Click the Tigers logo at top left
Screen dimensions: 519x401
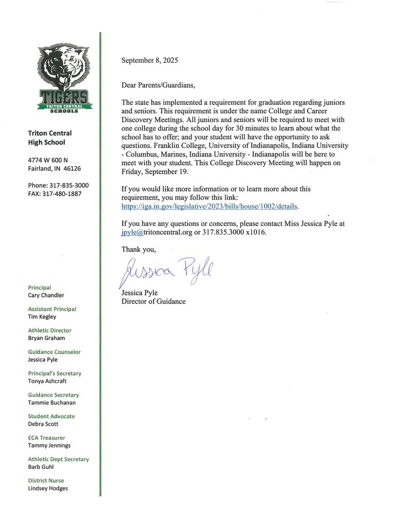coord(64,77)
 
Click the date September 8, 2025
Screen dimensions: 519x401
coord(150,60)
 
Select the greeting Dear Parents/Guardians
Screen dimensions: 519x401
coord(158,85)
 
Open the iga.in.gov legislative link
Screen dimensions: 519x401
coord(209,206)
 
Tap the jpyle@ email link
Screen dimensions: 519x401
coord(132,232)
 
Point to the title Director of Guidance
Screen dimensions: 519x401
coord(153,302)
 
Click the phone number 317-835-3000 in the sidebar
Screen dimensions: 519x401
coord(58,186)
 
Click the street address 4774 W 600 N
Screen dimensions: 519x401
coord(48,160)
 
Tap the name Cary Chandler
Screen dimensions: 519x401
coord(46,295)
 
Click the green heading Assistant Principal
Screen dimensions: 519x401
coord(52,309)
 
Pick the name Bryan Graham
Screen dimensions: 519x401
coord(46,338)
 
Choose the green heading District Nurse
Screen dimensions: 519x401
coord(46,480)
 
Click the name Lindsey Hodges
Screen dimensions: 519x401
coord(48,489)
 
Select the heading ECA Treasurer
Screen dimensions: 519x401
coord(46,437)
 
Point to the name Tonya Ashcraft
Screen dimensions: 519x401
coord(47,381)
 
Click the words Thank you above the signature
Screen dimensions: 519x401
coord(138,249)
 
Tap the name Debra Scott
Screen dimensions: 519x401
coord(43,424)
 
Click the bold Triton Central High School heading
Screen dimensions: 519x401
coord(50,138)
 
